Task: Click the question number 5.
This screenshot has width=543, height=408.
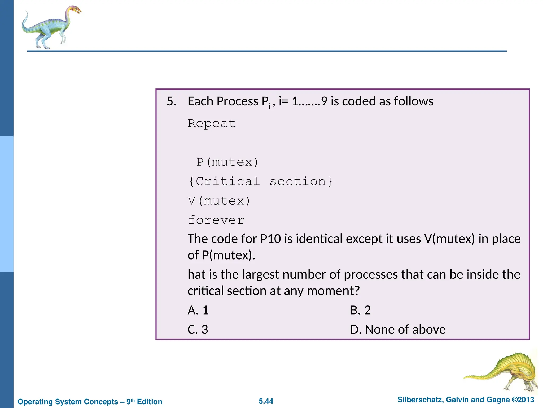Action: coord(171,101)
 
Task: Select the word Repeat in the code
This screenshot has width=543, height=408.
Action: coord(212,124)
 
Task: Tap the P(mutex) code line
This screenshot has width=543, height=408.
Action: coord(227,162)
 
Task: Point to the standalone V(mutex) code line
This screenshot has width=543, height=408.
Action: coord(219,201)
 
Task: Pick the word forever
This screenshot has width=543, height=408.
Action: coord(216,220)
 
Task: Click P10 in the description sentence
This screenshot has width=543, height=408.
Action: coord(270,239)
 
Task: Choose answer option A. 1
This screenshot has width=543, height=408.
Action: coord(198,310)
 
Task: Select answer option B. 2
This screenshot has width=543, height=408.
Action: coord(360,310)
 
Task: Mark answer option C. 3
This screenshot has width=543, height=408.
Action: coord(198,330)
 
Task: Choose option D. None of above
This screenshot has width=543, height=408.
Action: coord(398,330)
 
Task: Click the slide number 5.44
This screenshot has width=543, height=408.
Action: coord(266,401)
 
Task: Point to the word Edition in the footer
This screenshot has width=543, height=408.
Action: coord(150,402)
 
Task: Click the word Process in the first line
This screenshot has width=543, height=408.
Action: coord(238,101)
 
